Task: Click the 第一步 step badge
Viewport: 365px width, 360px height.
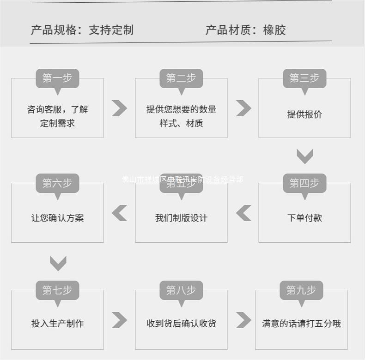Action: [57, 78]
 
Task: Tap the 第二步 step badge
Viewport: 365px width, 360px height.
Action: [181, 78]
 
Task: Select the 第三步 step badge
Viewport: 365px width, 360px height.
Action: [304, 78]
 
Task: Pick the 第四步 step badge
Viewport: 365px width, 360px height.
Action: [304, 183]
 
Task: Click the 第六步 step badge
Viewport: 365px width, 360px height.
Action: [57, 183]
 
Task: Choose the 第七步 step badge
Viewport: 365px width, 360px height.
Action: [57, 290]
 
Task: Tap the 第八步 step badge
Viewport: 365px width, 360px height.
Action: [181, 290]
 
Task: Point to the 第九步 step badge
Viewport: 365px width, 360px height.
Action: [301, 290]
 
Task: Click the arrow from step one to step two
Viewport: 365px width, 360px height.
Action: [119, 108]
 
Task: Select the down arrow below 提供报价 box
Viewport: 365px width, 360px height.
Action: [304, 156]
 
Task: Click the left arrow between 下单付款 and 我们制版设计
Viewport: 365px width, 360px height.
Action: [243, 213]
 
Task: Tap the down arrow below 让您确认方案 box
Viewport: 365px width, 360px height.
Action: [58, 263]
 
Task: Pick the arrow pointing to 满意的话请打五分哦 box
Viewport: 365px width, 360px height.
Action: [243, 320]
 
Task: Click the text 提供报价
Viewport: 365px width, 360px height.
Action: [304, 115]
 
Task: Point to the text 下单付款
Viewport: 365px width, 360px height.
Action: [304, 218]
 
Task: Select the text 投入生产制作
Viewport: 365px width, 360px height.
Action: [58, 324]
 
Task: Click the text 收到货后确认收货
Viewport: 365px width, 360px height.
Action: [181, 324]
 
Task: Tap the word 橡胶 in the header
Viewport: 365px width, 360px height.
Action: [274, 30]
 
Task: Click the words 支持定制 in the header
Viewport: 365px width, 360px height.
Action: [111, 30]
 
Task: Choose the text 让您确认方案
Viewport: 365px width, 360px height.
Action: [58, 218]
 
